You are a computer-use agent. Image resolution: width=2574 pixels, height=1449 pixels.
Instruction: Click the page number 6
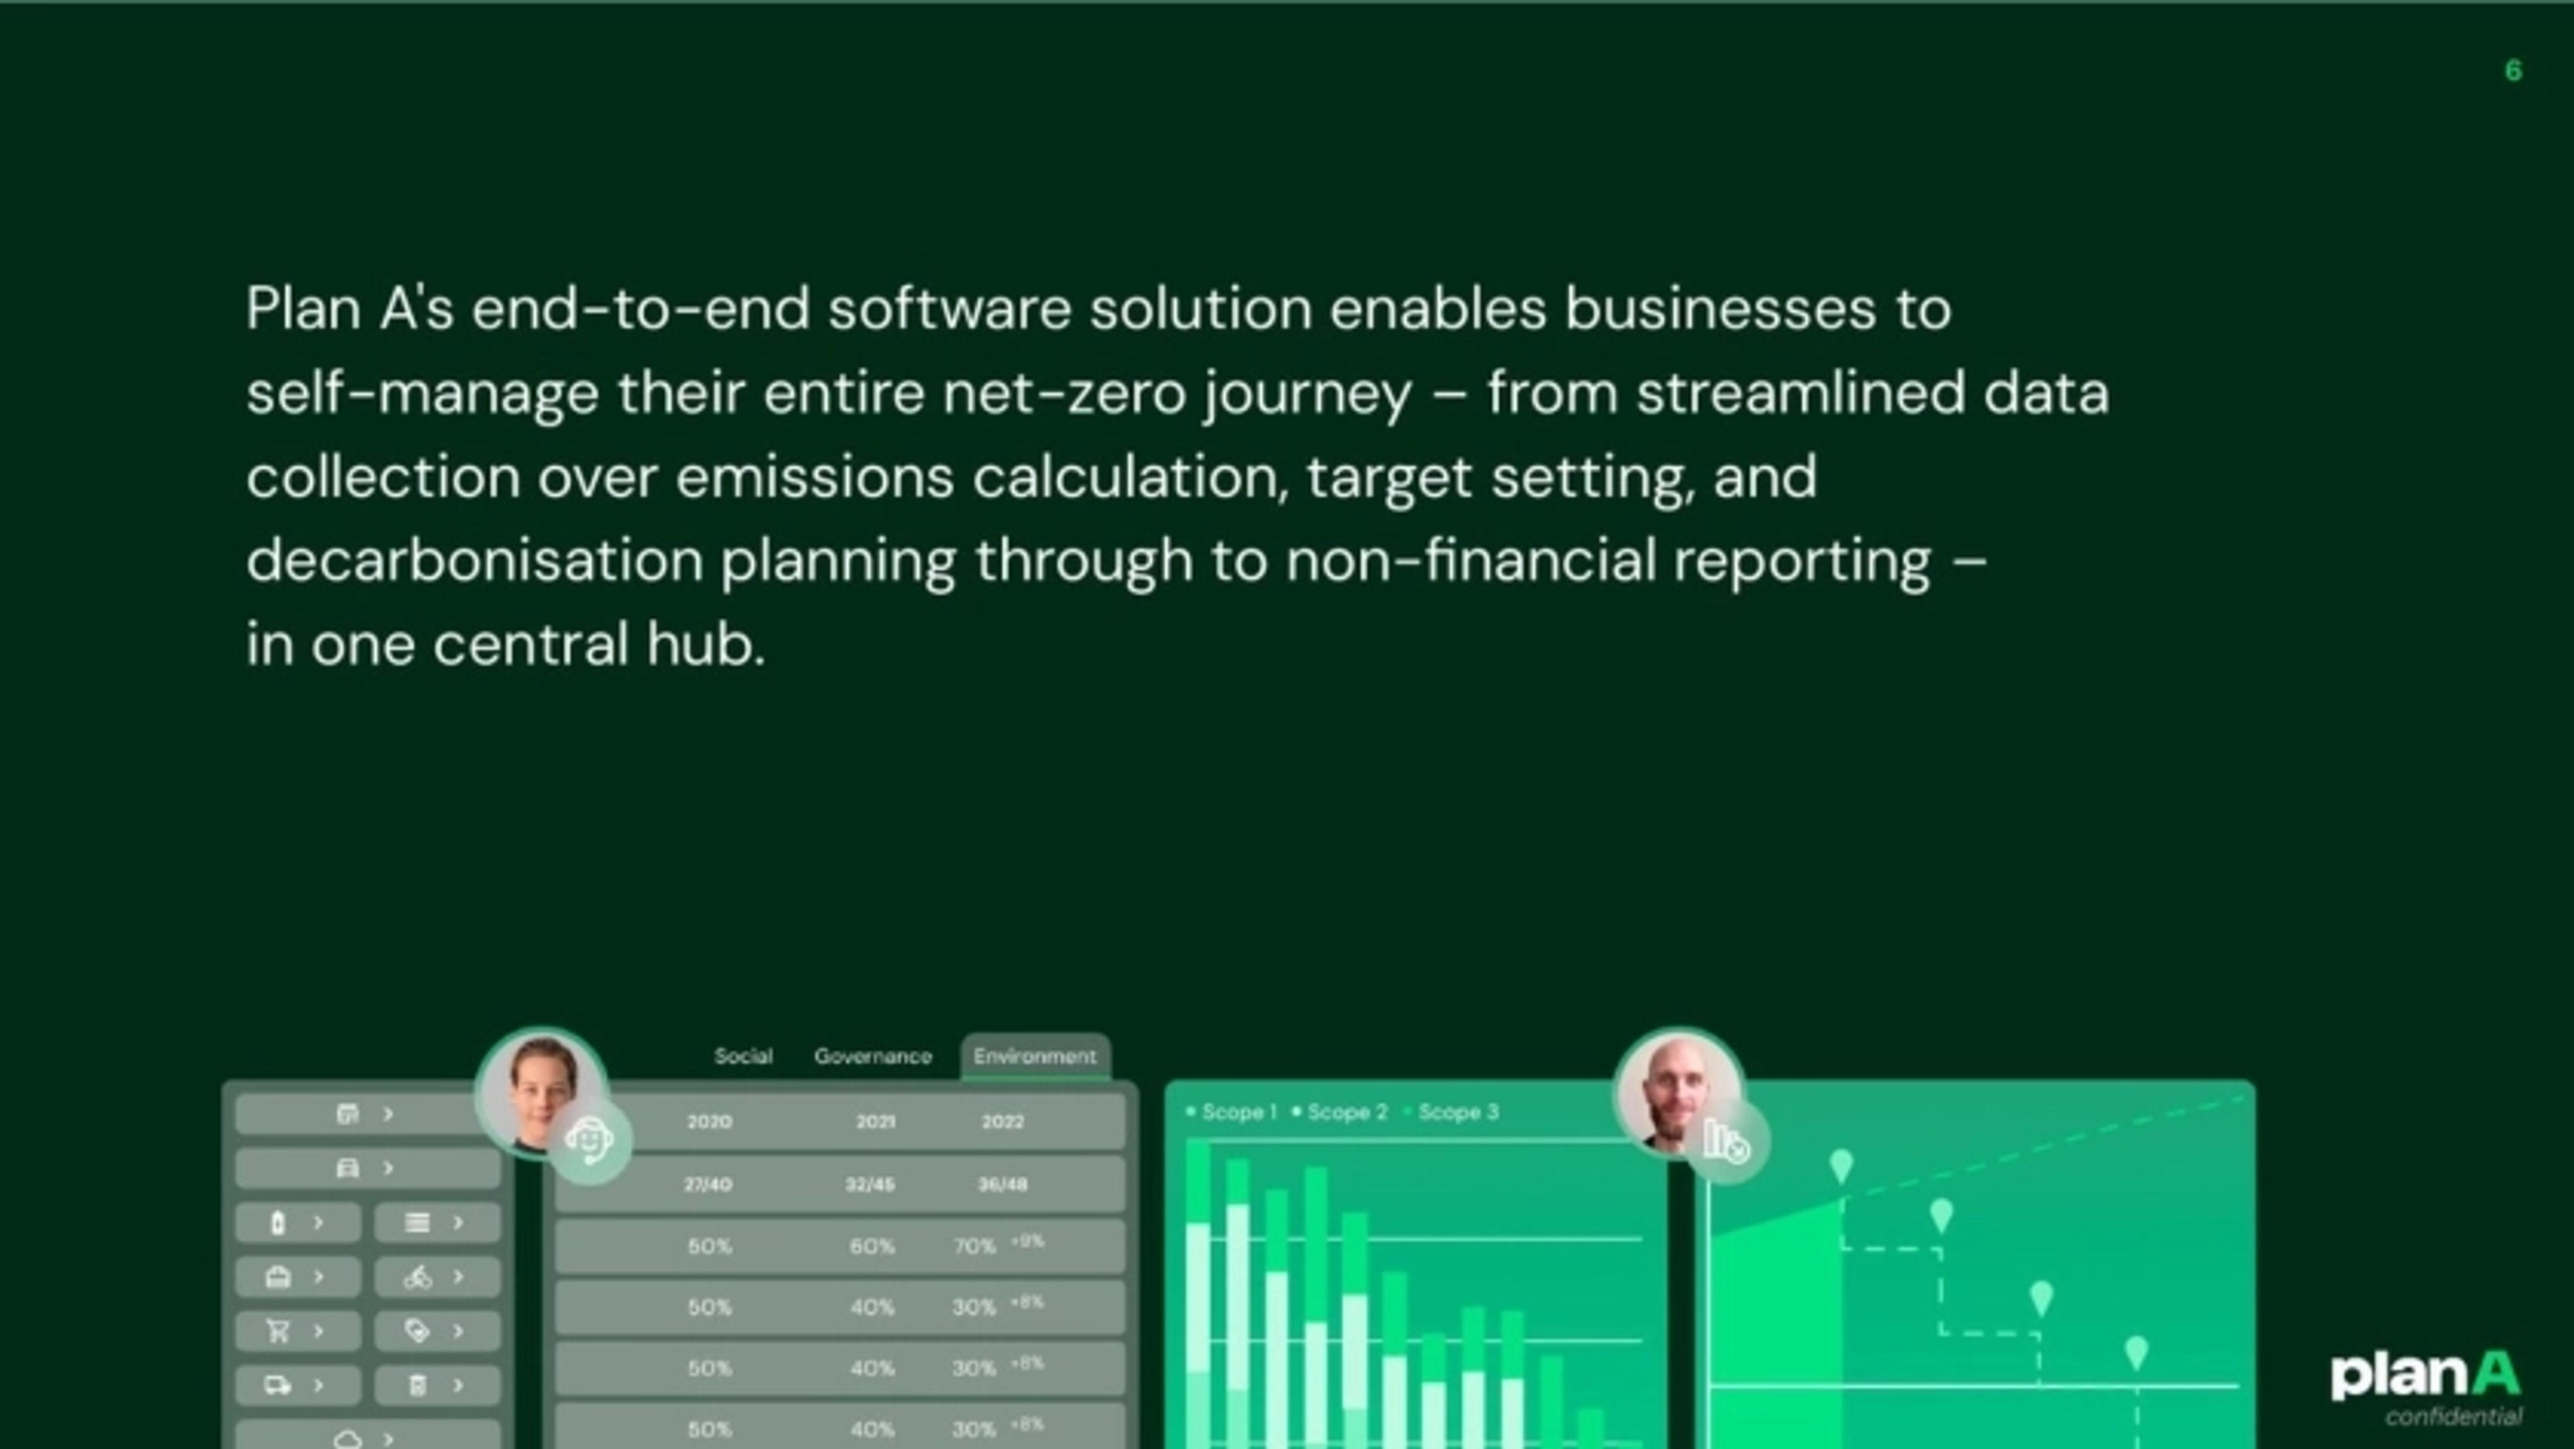click(2513, 71)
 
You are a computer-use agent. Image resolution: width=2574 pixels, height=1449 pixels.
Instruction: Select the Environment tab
click(1034, 1056)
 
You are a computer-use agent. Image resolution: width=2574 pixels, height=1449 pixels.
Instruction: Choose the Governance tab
click(872, 1056)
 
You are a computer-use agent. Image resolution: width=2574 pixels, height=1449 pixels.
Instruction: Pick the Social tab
click(743, 1056)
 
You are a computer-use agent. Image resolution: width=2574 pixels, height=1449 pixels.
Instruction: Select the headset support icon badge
click(590, 1140)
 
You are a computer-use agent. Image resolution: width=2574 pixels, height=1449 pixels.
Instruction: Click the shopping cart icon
click(278, 1331)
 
